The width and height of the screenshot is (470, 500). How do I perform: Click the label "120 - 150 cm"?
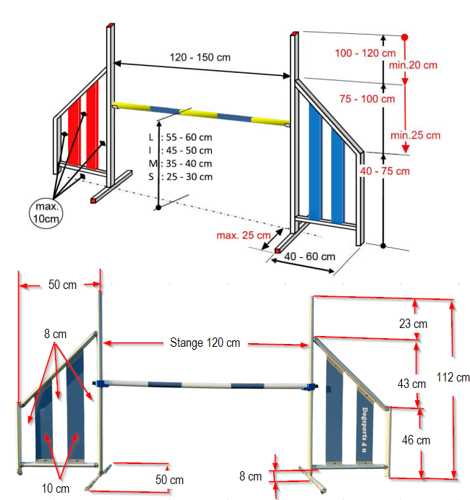[200, 57]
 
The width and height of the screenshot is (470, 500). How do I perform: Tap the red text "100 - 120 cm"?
[365, 53]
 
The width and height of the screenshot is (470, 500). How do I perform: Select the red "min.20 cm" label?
[415, 65]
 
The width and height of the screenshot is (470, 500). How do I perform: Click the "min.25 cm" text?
[415, 135]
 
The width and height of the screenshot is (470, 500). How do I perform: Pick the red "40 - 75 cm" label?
[385, 171]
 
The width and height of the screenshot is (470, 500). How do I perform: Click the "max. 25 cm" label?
[244, 236]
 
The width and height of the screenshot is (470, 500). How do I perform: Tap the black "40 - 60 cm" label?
[309, 257]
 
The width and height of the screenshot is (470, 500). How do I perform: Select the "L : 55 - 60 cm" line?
[180, 137]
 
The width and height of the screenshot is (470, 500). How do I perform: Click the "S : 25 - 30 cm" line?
[180, 176]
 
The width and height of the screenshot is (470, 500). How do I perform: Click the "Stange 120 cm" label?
[205, 342]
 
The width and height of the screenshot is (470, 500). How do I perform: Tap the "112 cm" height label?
[453, 377]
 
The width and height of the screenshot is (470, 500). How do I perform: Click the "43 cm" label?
[411, 383]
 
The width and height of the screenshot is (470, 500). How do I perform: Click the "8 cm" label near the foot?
[251, 476]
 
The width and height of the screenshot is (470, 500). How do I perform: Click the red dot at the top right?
[405, 37]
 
